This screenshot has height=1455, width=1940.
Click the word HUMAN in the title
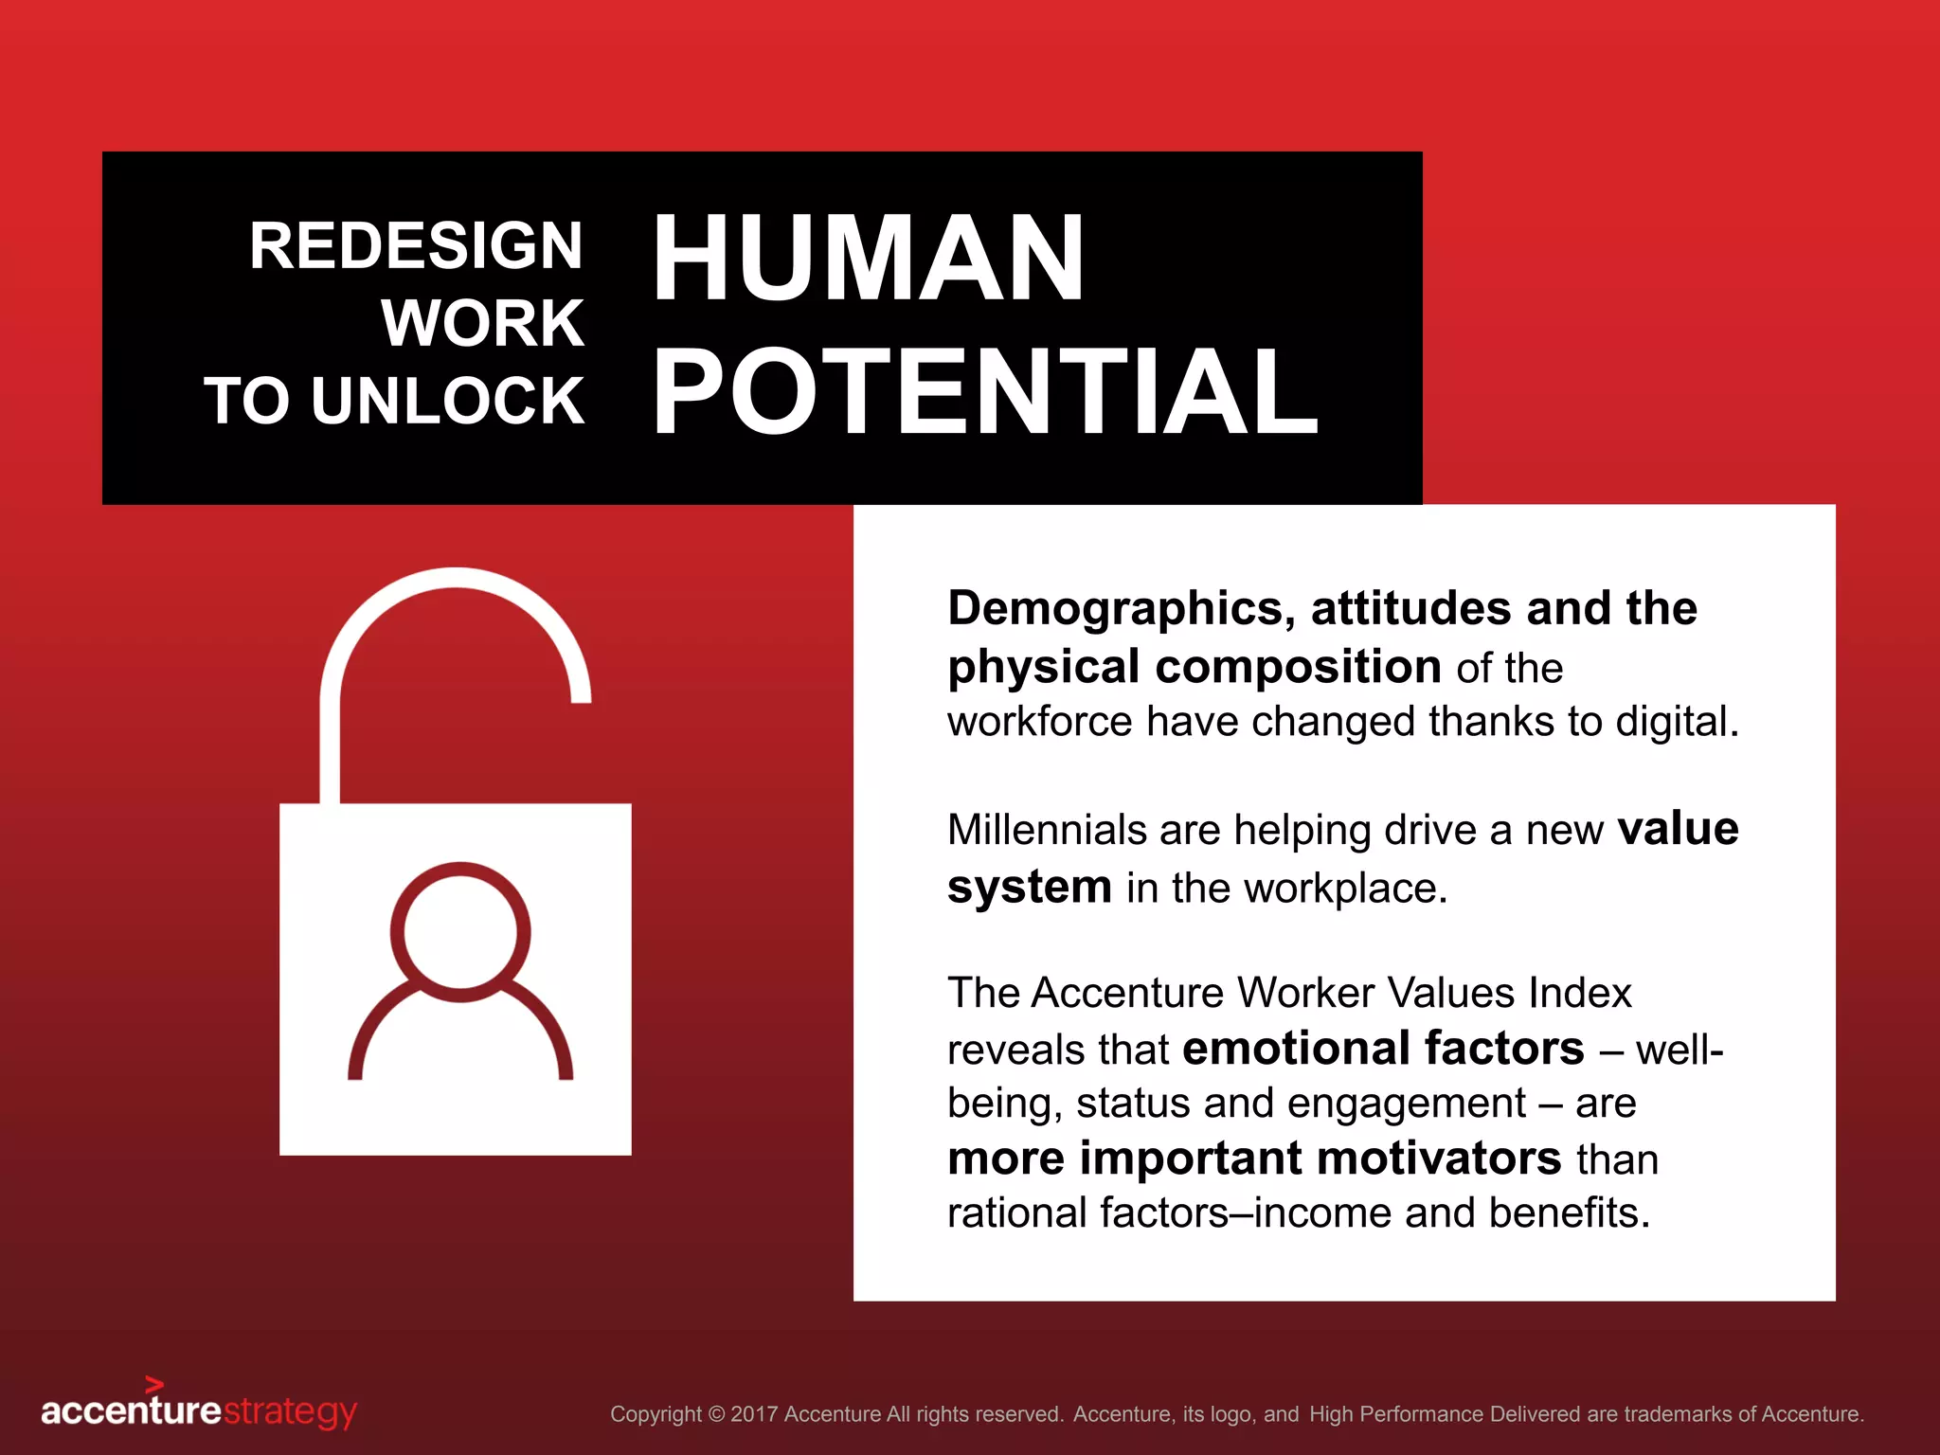868,258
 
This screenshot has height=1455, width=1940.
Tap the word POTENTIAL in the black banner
985,392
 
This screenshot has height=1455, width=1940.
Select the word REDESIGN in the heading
416,246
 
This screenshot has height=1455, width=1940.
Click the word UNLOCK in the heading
448,401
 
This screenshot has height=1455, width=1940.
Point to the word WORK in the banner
483,324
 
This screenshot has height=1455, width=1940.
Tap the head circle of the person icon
460,931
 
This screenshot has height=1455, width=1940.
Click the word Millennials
1047,830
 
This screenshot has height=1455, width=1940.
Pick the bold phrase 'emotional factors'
1383,1049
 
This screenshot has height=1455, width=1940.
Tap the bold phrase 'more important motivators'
1254,1159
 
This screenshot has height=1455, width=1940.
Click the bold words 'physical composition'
1195,667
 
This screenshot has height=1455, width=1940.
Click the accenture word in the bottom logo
131,1411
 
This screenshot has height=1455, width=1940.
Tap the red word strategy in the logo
290,1412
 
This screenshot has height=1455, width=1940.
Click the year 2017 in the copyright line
754,1414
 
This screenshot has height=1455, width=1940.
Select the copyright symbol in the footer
716,1414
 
